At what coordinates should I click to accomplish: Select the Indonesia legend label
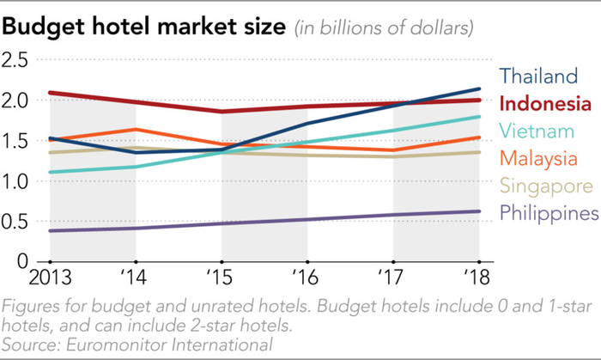pyautogui.click(x=545, y=104)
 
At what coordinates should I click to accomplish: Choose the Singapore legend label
pyautogui.click(x=546, y=186)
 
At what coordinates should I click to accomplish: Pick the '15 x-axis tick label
pyautogui.click(x=222, y=278)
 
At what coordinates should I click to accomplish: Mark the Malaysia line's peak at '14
pyautogui.click(x=136, y=130)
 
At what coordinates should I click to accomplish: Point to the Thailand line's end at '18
pyautogui.click(x=479, y=88)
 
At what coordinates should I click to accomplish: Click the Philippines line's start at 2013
pyautogui.click(x=51, y=230)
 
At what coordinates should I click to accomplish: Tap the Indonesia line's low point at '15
pyautogui.click(x=222, y=112)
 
